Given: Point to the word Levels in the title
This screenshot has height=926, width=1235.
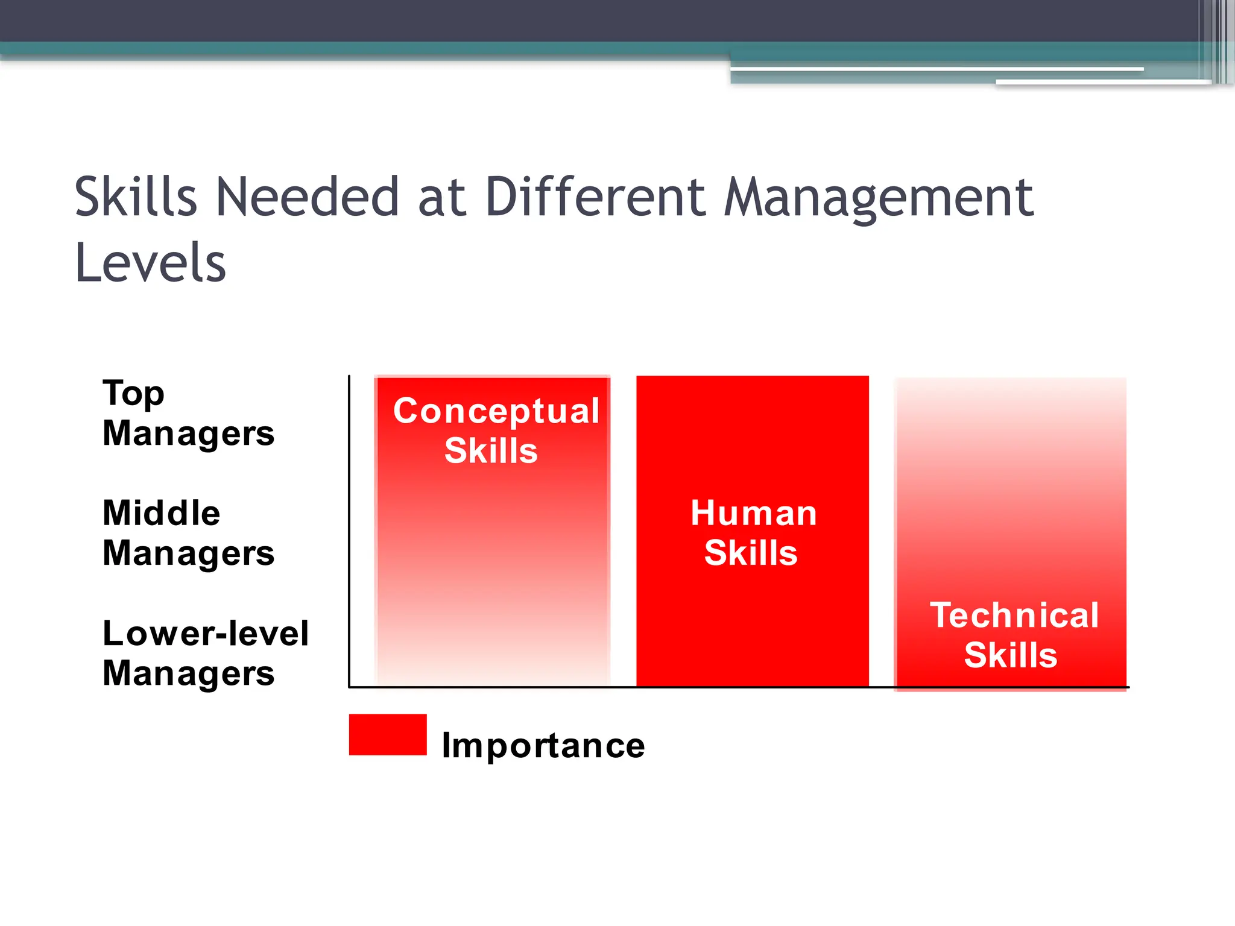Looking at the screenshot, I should click(x=150, y=263).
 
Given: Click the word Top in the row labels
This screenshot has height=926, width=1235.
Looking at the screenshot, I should click(x=133, y=394).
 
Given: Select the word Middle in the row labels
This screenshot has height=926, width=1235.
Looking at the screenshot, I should click(x=162, y=513).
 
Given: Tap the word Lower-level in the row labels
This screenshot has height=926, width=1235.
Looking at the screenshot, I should click(x=206, y=633).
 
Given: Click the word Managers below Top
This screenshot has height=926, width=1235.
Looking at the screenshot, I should click(x=188, y=434).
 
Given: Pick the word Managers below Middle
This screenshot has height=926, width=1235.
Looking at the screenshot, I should click(x=188, y=553).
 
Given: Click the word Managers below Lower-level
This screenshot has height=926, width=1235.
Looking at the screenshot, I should click(x=188, y=673).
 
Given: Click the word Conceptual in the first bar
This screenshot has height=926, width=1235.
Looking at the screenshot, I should click(x=496, y=412).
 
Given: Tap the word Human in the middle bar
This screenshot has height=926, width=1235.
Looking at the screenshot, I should click(x=754, y=513).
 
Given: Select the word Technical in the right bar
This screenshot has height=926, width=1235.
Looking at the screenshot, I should click(x=1014, y=616).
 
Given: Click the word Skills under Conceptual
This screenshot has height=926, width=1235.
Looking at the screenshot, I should click(x=491, y=451).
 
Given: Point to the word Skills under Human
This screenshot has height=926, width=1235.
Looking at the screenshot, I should click(x=751, y=553).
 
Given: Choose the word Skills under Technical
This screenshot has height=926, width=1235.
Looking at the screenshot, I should click(x=1011, y=655).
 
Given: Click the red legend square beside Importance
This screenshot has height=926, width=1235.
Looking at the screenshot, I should click(x=388, y=734).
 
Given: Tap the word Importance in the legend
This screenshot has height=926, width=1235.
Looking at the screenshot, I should click(x=543, y=746).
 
